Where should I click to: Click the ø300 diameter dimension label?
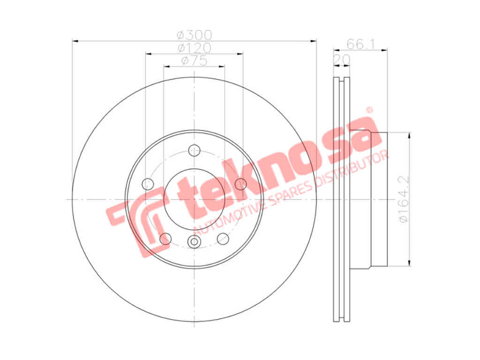pyautogui.click(x=195, y=35)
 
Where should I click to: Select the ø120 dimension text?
pyautogui.click(x=195, y=48)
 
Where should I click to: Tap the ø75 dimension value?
pyautogui.click(x=195, y=60)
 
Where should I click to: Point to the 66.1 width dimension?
pyautogui.click(x=360, y=45)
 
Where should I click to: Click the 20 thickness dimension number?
pyautogui.click(x=342, y=60)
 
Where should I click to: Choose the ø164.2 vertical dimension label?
pyautogui.click(x=404, y=199)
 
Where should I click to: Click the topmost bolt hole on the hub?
pyautogui.click(x=195, y=150)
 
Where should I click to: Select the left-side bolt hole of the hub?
pyautogui.click(x=148, y=184)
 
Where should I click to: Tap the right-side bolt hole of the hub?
pyautogui.click(x=241, y=184)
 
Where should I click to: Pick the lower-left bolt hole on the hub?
pyautogui.click(x=165, y=239)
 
